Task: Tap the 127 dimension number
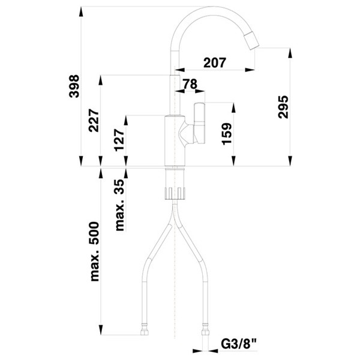pos(120,141)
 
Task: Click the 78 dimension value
pos(190,85)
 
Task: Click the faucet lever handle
pos(200,123)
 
